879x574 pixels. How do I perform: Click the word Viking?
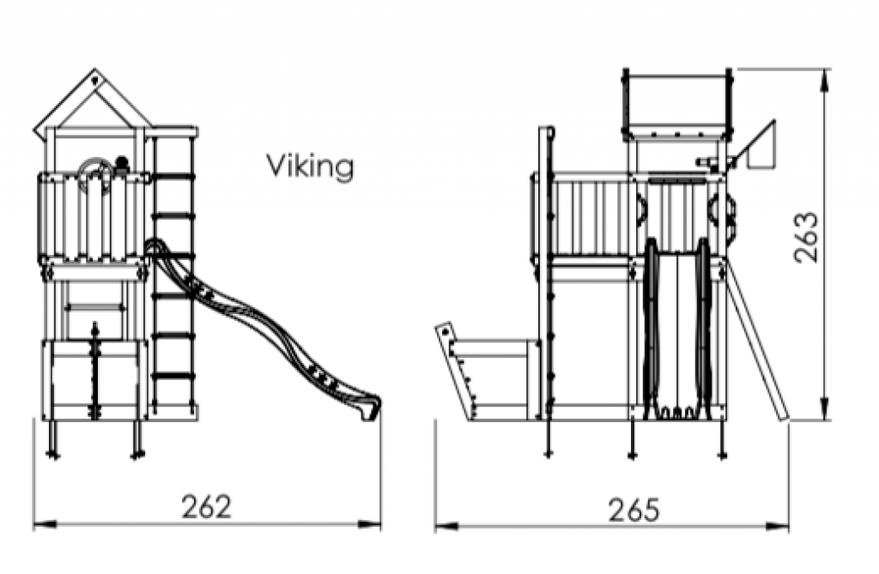310,166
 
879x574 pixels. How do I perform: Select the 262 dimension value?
206,506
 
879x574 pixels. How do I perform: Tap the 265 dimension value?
634,511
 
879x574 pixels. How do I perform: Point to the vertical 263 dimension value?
806,237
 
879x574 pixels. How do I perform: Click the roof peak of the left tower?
94,71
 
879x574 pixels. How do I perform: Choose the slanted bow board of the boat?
456,371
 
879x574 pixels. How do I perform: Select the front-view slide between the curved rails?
678,330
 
